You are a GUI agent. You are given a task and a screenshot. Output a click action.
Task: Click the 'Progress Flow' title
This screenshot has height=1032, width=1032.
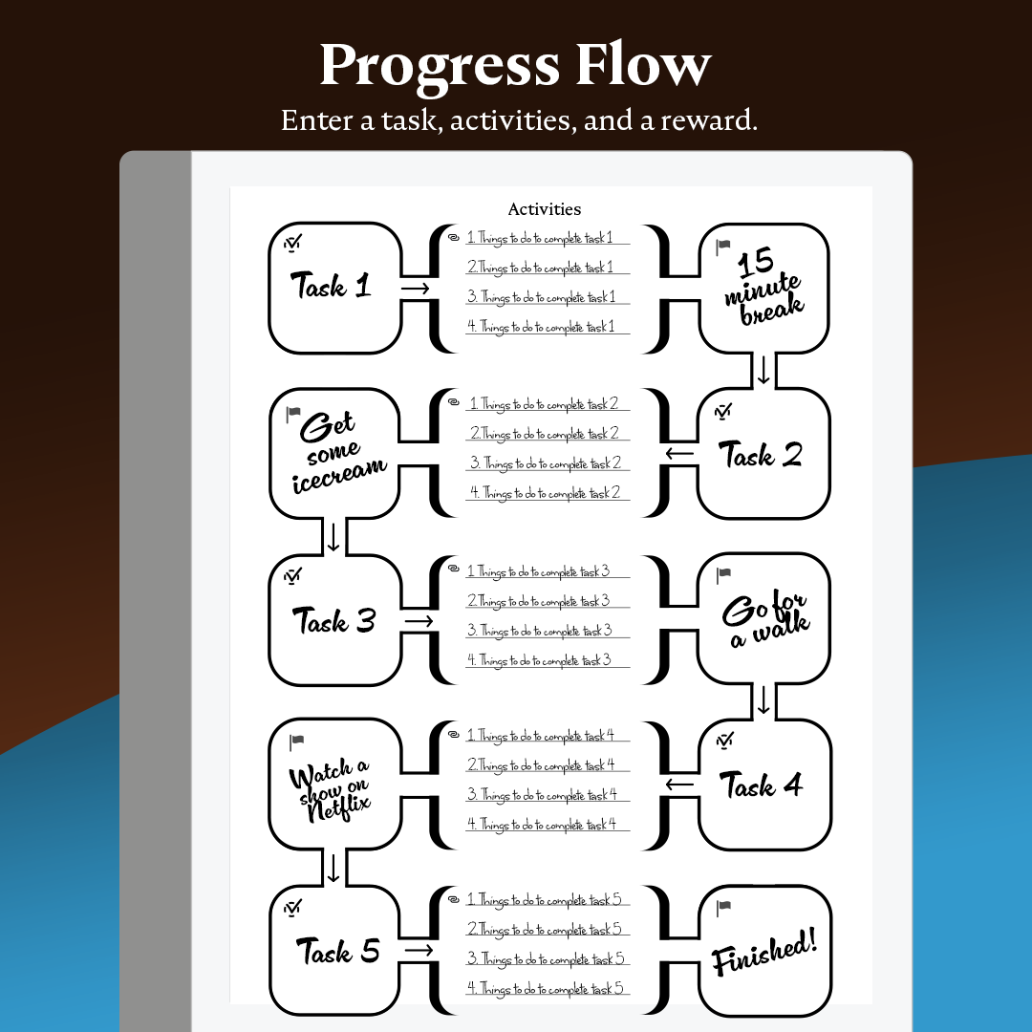click(515, 65)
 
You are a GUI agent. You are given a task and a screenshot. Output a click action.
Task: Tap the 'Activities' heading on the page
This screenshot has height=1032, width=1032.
click(544, 209)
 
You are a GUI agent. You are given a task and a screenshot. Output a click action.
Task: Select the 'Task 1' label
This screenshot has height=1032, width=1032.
click(331, 286)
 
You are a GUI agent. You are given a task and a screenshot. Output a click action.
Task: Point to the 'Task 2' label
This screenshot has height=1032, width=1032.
click(760, 455)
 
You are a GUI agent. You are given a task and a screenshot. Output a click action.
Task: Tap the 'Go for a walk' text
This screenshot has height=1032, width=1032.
click(764, 619)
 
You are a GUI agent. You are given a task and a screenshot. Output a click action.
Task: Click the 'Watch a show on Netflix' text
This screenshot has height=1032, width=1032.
click(331, 785)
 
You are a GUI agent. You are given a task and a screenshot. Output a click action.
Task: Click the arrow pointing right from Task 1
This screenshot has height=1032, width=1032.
click(415, 288)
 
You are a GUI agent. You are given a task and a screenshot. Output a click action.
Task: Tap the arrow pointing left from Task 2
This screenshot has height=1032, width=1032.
click(679, 453)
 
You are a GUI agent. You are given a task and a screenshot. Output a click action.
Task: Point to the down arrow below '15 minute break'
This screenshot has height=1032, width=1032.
click(763, 370)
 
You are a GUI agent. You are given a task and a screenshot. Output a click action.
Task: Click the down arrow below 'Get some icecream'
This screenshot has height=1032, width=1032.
click(333, 536)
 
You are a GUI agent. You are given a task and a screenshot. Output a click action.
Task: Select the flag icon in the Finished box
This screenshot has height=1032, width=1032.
click(723, 906)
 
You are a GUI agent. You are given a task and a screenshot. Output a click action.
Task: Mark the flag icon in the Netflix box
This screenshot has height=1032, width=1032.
click(296, 741)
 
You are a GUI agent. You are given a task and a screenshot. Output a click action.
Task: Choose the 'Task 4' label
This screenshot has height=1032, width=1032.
click(761, 786)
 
